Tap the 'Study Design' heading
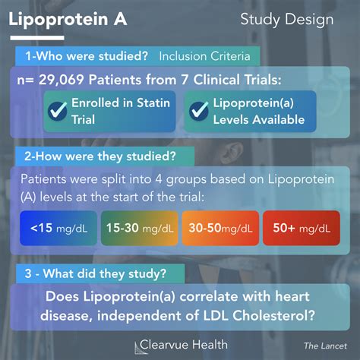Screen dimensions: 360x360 tap(287, 20)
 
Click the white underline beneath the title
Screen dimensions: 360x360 tap(37, 38)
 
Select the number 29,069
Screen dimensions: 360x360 tap(62, 80)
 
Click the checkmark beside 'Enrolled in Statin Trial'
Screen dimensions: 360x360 tap(58, 111)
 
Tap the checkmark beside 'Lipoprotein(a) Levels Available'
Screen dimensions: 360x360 tap(199, 111)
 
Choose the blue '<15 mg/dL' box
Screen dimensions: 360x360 tap(58, 228)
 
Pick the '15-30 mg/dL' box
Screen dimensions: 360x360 tap(140, 228)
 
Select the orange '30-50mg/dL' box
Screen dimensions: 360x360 tap(220, 228)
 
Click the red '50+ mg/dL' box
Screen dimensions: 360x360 tap(302, 228)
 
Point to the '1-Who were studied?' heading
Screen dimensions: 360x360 tap(87, 56)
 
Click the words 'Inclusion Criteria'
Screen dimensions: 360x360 tap(204, 56)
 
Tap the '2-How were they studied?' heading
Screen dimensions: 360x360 tap(100, 156)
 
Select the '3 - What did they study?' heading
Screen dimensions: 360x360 tap(96, 273)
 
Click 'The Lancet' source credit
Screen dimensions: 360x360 tap(325, 346)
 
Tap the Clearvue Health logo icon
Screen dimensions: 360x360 tap(138, 348)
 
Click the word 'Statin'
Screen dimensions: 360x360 tap(153, 103)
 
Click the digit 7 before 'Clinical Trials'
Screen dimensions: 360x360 tap(185, 80)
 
